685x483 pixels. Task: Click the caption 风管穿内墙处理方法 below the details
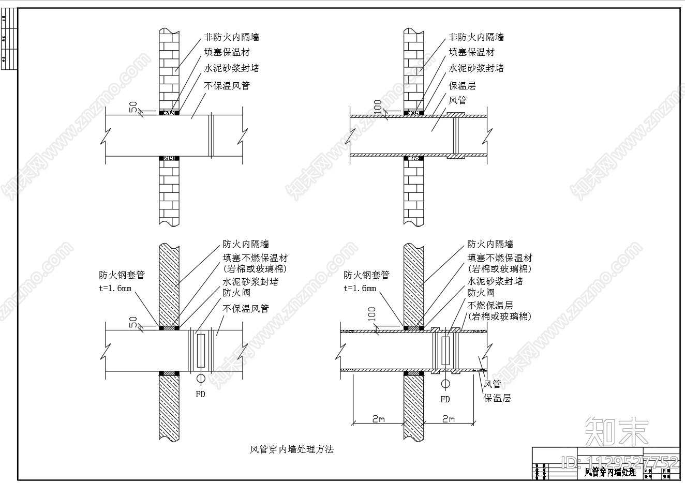pyautogui.click(x=292, y=449)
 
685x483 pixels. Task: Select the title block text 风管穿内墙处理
pyautogui.click(x=610, y=472)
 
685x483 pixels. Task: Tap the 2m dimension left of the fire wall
pyautogui.click(x=379, y=419)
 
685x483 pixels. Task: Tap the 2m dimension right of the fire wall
pyautogui.click(x=448, y=419)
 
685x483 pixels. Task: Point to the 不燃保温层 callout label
pyautogui.click(x=490, y=306)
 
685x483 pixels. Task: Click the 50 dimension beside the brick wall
pyautogui.click(x=133, y=107)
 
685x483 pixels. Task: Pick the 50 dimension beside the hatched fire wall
pyautogui.click(x=133, y=322)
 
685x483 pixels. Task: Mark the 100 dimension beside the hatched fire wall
pyautogui.click(x=371, y=314)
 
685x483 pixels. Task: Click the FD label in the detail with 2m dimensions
pyautogui.click(x=445, y=399)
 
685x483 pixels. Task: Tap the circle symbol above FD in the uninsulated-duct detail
pyautogui.click(x=200, y=379)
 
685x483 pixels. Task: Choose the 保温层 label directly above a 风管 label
pyautogui.click(x=462, y=86)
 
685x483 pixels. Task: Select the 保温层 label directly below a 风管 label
pyautogui.click(x=497, y=398)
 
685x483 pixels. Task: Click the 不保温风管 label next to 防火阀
pyautogui.click(x=246, y=308)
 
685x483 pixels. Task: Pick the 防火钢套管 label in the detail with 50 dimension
pyautogui.click(x=122, y=275)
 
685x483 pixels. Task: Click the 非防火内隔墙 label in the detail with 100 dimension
pyautogui.click(x=476, y=37)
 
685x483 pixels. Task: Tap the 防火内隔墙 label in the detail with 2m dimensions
pyautogui.click(x=490, y=244)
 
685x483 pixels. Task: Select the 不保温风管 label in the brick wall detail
pyautogui.click(x=227, y=86)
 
